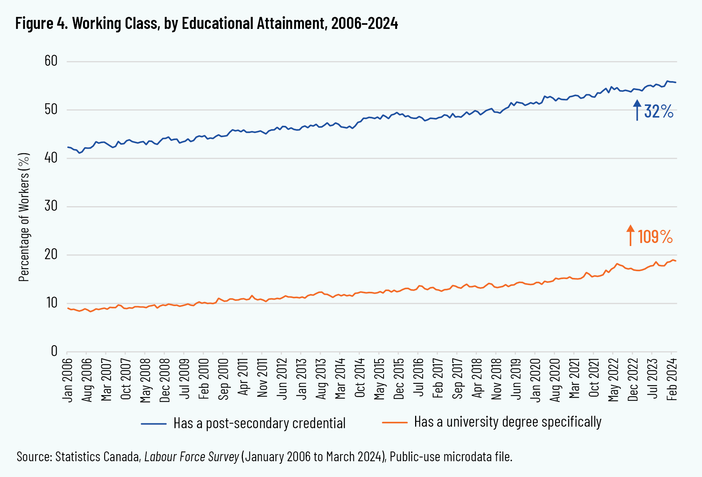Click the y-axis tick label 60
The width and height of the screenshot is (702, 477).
pos(51,61)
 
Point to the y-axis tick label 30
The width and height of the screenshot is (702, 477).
pos(51,206)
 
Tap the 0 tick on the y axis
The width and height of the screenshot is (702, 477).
pos(54,351)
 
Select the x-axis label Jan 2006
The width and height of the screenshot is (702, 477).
pos(68,380)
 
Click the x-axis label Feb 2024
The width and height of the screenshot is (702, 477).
pos(672,380)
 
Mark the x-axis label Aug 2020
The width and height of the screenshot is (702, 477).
pos(555,380)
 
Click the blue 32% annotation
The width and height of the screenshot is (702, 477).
pos(658,112)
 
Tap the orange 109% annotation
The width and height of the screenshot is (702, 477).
pos(655,237)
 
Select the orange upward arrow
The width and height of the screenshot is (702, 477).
pos(631,235)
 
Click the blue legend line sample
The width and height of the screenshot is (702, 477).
pos(154,424)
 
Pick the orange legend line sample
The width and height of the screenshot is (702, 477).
pos(394,423)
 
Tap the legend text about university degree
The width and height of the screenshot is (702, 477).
pos(508,423)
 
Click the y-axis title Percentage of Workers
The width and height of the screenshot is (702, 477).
pos(24,217)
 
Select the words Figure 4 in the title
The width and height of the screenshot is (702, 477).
pos(35,23)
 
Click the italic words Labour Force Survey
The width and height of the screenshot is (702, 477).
pos(192,457)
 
